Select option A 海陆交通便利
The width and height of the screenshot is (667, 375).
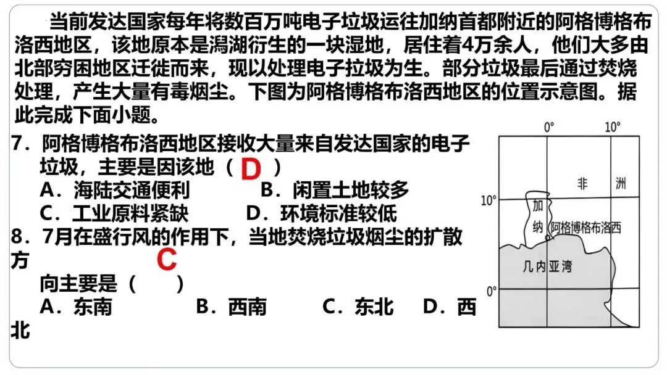115,190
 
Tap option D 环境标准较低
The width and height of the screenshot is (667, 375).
321,213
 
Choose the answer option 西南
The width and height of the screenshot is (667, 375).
231,307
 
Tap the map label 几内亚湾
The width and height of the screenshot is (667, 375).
547,266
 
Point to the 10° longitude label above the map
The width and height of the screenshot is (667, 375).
612,128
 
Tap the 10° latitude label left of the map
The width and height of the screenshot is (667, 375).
489,200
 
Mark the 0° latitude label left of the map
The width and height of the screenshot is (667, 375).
492,291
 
